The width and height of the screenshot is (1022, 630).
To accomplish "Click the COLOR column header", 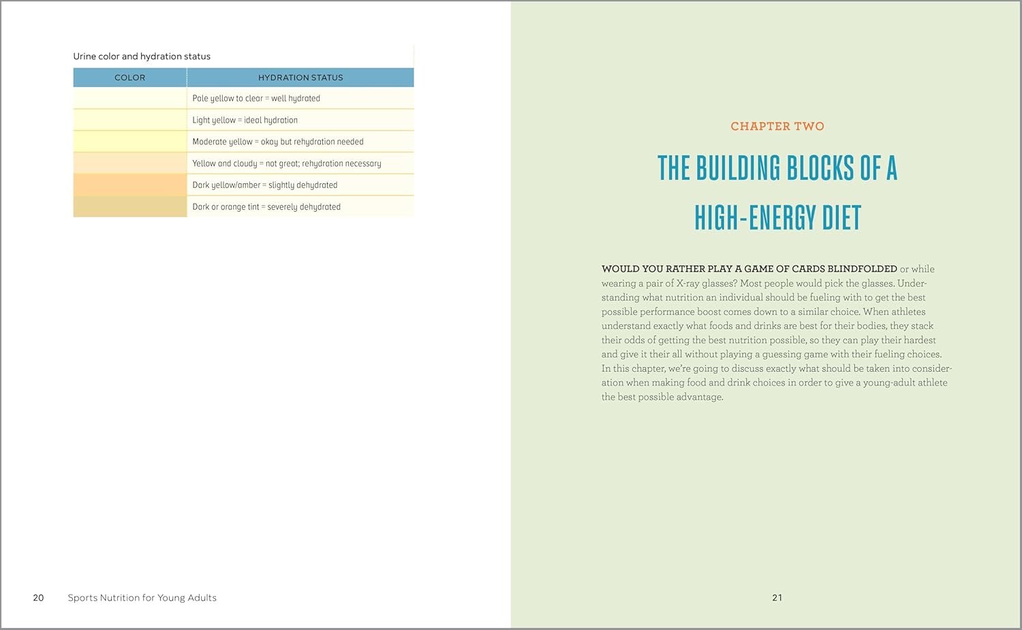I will (129, 78).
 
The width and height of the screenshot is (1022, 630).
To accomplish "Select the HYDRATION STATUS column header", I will (300, 78).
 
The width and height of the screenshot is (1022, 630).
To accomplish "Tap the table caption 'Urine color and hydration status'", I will (142, 57).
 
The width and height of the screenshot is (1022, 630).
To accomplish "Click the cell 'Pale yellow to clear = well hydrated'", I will (256, 98).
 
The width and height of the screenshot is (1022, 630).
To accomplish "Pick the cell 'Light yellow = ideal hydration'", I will (245, 120).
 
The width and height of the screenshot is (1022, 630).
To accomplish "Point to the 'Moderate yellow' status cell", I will (278, 142).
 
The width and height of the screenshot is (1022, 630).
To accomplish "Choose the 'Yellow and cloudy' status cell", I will (287, 163).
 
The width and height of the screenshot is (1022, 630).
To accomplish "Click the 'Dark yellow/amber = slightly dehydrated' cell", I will (265, 185).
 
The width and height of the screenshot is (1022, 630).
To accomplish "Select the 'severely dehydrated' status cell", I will (266, 207).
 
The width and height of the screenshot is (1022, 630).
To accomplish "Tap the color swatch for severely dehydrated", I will (129, 207).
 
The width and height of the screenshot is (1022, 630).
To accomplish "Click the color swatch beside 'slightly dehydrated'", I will (129, 185).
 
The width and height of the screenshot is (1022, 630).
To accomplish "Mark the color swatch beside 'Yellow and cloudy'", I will (129, 163).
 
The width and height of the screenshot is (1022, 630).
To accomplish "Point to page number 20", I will (38, 598).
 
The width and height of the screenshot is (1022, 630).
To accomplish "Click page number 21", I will (777, 598).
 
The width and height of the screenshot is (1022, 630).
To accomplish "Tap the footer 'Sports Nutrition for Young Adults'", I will (142, 598).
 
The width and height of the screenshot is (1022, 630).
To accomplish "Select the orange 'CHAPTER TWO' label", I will (777, 127).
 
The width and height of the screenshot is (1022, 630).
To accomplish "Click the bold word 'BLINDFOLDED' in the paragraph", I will (862, 269).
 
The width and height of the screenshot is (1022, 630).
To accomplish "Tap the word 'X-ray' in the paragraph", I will (688, 283).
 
